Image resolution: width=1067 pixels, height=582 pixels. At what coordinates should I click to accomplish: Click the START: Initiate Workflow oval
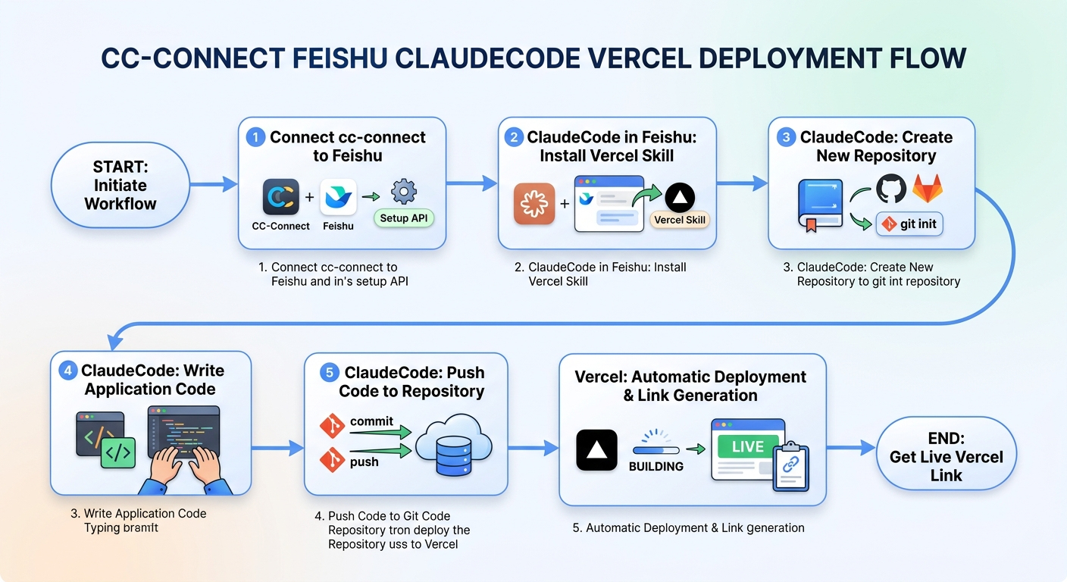click(120, 185)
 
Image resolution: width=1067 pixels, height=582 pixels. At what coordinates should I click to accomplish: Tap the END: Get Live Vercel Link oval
click(946, 456)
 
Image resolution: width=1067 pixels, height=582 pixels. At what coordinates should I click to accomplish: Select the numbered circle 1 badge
click(256, 137)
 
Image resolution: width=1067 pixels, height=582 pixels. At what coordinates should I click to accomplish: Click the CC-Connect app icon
click(280, 197)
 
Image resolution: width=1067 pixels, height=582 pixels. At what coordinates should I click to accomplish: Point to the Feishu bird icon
click(338, 197)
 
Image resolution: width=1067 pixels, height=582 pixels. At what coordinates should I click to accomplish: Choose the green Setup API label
click(404, 218)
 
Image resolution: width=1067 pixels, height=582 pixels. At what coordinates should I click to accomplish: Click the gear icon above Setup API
click(403, 191)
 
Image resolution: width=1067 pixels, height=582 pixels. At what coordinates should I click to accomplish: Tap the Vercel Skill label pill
click(679, 220)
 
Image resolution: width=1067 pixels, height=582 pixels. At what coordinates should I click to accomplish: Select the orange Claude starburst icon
click(533, 203)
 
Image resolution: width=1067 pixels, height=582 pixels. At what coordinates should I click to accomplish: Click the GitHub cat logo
click(891, 188)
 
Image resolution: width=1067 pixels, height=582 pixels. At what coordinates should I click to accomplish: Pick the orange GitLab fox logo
click(927, 189)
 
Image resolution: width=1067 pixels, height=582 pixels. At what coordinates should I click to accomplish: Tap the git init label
click(909, 224)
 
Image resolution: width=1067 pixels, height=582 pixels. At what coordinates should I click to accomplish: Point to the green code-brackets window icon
click(117, 453)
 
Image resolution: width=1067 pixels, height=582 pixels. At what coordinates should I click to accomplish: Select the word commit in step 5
click(371, 421)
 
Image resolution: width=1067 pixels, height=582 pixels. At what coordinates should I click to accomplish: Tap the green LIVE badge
click(746, 446)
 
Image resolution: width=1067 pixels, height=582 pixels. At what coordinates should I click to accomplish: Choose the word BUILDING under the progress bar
click(656, 466)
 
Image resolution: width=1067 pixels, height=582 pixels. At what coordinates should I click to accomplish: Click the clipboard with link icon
click(790, 465)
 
